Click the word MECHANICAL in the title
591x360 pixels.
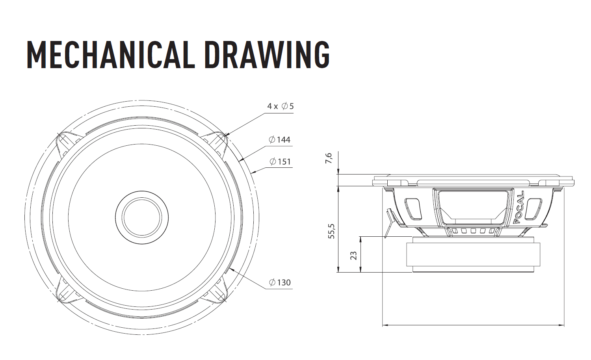[110, 55]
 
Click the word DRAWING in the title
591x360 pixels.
[267, 55]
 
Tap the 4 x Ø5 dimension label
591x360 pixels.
[280, 106]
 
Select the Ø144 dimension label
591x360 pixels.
[279, 139]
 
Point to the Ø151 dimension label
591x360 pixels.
[280, 161]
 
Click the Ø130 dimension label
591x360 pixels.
[280, 282]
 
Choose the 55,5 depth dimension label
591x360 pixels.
[331, 231]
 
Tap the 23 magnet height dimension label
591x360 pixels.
[353, 256]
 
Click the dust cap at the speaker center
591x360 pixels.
[142, 217]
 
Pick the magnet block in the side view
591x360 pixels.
[473, 254]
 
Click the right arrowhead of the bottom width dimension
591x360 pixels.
[561, 325]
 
